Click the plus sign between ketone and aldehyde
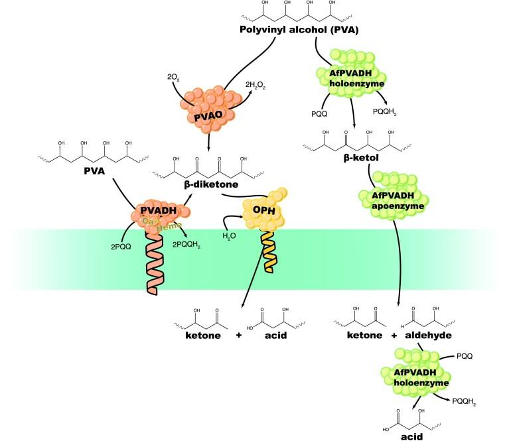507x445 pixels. point(394,336)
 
